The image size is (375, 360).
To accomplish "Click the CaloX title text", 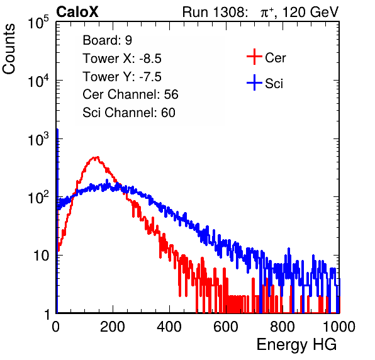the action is point(77,12).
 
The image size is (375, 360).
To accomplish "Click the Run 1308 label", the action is point(215,12).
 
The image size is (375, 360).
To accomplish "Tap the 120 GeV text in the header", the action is point(310,12).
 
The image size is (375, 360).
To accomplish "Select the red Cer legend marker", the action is point(254,57).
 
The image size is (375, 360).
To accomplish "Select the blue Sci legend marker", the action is point(254,82).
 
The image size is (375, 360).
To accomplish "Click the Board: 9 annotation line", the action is point(107,40).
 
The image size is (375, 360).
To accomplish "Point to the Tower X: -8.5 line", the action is point(122,59).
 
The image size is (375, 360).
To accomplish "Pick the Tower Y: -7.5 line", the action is point(122,77).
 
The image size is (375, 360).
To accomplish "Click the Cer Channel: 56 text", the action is point(130,94).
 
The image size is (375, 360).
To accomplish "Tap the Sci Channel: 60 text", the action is point(129,113).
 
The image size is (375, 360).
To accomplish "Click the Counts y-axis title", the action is point(9,49).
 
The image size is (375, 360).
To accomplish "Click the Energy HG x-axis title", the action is point(296,345).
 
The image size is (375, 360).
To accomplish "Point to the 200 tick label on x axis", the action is point(113,327).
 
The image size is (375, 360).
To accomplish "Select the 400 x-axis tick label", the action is point(169,327).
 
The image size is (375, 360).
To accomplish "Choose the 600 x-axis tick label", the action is point(226,327).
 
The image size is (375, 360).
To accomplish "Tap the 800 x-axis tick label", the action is point(283,327).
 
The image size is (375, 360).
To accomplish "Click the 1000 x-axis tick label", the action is point(339,327).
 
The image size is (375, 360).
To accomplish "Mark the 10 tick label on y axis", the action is point(42,256).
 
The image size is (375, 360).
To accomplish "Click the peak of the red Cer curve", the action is point(96,157).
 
